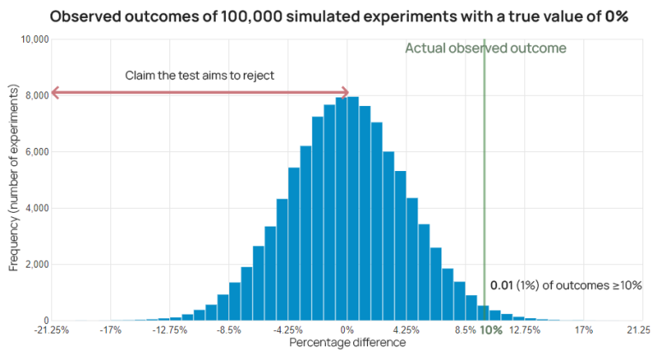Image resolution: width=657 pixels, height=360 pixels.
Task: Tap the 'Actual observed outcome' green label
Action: pyautogui.click(x=485, y=49)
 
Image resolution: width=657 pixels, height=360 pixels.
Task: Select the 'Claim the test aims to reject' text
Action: pyautogui.click(x=198, y=75)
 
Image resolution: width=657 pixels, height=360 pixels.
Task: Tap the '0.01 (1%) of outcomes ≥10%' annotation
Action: pyautogui.click(x=565, y=286)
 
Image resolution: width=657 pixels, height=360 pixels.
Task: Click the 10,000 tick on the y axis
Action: pyautogui.click(x=34, y=40)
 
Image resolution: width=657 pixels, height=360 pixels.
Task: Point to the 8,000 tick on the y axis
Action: pyautogui.click(x=36, y=96)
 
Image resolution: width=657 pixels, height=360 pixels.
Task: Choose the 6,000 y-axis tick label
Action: pyautogui.click(x=36, y=152)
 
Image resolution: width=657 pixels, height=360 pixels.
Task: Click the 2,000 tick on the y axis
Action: pyautogui.click(x=36, y=265)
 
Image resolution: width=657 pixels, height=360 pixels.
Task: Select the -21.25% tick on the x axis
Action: pyautogui.click(x=51, y=330)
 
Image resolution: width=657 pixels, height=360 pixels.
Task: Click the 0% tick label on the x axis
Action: pyautogui.click(x=346, y=330)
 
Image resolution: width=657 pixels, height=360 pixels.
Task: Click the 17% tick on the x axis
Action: pyautogui.click(x=583, y=330)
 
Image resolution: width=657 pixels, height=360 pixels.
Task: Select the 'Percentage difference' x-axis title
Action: pyautogui.click(x=346, y=343)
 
